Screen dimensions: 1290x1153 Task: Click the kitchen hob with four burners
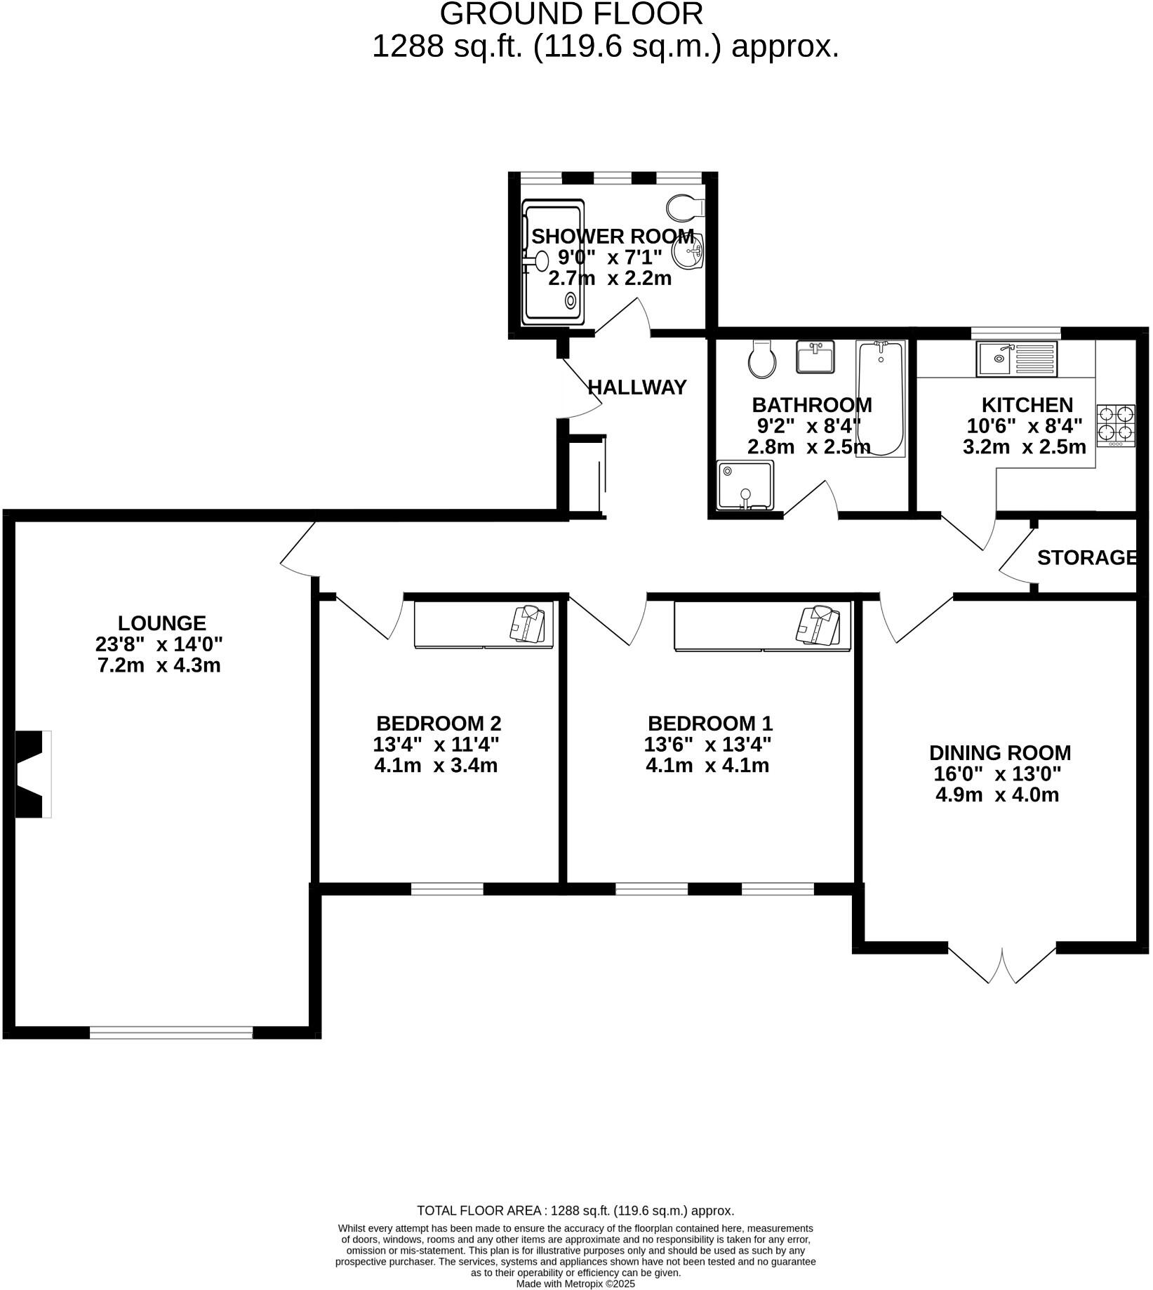[x=1117, y=425]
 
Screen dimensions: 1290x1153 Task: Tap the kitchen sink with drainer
[x=1016, y=359]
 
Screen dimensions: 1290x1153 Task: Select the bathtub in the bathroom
[x=881, y=398]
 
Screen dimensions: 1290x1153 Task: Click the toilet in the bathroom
[x=761, y=360]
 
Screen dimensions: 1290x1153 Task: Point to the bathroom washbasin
[x=815, y=357]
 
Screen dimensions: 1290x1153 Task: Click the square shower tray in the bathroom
[x=745, y=485]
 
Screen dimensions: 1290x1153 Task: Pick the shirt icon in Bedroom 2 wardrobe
[x=528, y=623]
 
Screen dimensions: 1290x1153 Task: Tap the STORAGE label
[x=1086, y=558]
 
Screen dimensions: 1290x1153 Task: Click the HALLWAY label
[x=637, y=387]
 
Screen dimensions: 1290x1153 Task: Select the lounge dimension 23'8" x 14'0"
[x=159, y=644]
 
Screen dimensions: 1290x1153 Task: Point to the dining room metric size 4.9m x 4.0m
[x=997, y=794]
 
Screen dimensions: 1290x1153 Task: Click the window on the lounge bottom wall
[x=171, y=1032]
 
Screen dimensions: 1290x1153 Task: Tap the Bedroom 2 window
[x=447, y=889]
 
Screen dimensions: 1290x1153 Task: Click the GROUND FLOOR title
[x=571, y=14]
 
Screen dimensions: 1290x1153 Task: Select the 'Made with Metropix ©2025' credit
[x=575, y=1283]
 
